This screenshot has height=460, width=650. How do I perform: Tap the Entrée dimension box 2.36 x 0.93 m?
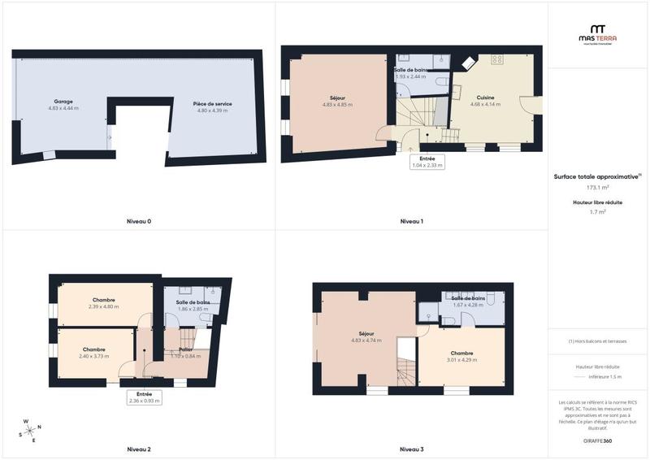pos(145,397)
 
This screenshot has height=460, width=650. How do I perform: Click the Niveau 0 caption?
pos(139,221)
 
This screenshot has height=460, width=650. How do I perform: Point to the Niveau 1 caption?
pos(412,221)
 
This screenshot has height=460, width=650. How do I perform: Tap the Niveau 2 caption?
pos(139,449)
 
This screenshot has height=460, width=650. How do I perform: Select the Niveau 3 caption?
pos(412,449)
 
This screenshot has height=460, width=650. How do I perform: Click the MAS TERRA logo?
pos(597,33)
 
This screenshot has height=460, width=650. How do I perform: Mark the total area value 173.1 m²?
pos(598,187)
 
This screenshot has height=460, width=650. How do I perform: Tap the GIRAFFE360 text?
pos(597,440)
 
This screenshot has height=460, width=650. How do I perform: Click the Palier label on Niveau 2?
pos(186,350)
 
